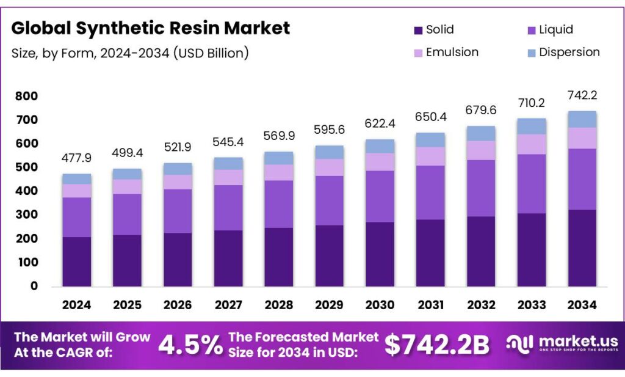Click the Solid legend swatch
point(418,30)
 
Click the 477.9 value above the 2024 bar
point(76,158)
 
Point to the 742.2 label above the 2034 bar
point(582,96)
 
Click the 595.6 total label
point(329,130)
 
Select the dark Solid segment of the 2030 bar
point(380,254)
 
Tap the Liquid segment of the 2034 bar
point(582,179)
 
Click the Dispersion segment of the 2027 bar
point(228,163)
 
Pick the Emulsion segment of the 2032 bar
point(480,150)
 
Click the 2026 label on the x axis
point(178,304)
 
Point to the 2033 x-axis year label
point(531,304)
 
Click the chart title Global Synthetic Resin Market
point(151,28)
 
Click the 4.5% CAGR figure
point(190,345)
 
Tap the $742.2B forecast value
point(437,345)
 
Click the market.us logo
point(562,344)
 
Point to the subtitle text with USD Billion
point(130,53)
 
